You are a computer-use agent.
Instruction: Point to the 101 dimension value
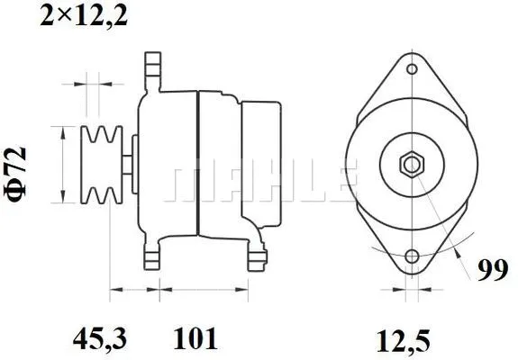[194, 340]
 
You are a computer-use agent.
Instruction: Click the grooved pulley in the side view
[102, 166]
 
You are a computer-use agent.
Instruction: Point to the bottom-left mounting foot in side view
[153, 256]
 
